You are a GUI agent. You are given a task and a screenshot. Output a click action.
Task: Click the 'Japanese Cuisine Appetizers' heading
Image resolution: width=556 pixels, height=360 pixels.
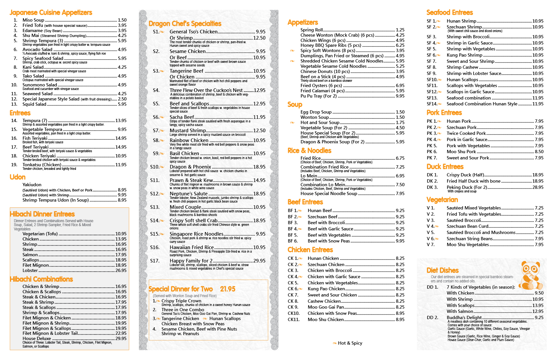(51, 13)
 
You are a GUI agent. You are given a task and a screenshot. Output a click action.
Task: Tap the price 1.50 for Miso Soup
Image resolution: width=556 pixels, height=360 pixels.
(122, 20)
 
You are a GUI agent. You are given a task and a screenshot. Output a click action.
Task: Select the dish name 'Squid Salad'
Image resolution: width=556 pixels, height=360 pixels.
(34, 104)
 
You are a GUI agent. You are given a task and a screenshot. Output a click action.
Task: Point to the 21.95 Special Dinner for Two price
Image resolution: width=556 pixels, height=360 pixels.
(228, 289)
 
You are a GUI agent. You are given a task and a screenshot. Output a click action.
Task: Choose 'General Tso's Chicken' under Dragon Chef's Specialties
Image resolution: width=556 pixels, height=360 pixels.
(193, 32)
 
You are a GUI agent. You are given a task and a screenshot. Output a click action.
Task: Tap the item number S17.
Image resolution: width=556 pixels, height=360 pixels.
(155, 261)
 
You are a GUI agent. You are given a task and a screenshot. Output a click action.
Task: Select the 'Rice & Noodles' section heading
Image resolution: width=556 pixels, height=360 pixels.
(309, 151)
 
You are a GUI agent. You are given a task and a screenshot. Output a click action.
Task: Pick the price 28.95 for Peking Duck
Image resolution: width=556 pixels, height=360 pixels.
(538, 188)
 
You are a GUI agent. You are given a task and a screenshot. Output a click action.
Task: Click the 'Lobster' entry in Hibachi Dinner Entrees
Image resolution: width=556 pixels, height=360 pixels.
(30, 271)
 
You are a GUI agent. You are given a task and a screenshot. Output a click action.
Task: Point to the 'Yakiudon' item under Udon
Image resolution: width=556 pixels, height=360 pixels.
(32, 185)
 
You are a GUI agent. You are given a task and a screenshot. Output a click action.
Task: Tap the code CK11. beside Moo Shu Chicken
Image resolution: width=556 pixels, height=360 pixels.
(293, 319)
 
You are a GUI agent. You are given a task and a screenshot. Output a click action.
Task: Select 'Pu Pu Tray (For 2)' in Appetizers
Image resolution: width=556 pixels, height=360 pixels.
(318, 96)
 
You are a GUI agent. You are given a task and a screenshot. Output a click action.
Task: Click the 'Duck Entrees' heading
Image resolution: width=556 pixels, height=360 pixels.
(445, 167)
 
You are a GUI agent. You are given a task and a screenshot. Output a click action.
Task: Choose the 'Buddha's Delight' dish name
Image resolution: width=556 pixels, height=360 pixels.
(464, 317)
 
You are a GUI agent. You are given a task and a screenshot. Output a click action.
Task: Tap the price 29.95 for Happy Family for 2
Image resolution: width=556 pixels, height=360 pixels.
(259, 261)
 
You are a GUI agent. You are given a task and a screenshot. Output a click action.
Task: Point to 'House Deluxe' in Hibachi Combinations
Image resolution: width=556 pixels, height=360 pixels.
(37, 339)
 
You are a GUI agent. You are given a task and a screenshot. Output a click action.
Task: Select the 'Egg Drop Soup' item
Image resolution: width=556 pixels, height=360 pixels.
(316, 112)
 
